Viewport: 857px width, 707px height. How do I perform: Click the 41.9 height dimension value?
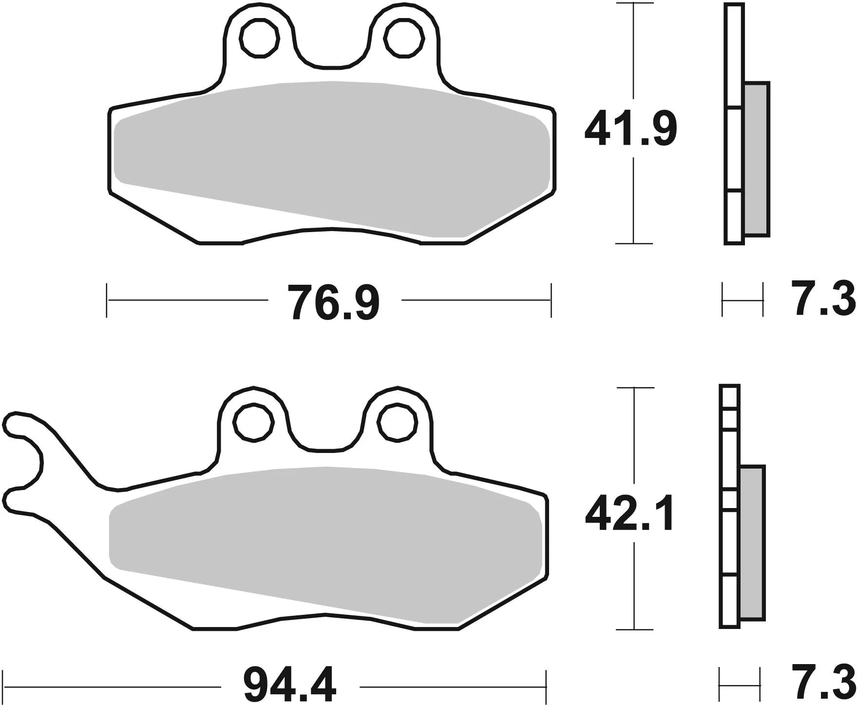tap(631, 129)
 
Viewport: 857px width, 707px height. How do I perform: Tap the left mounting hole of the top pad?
tap(260, 38)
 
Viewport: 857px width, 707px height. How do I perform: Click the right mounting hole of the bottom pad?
tap(397, 422)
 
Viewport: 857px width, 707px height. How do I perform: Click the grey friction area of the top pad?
tap(331, 156)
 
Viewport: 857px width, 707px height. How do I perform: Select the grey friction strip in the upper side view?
tap(757, 158)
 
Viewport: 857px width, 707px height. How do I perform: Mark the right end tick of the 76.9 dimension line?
tap(551, 300)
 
